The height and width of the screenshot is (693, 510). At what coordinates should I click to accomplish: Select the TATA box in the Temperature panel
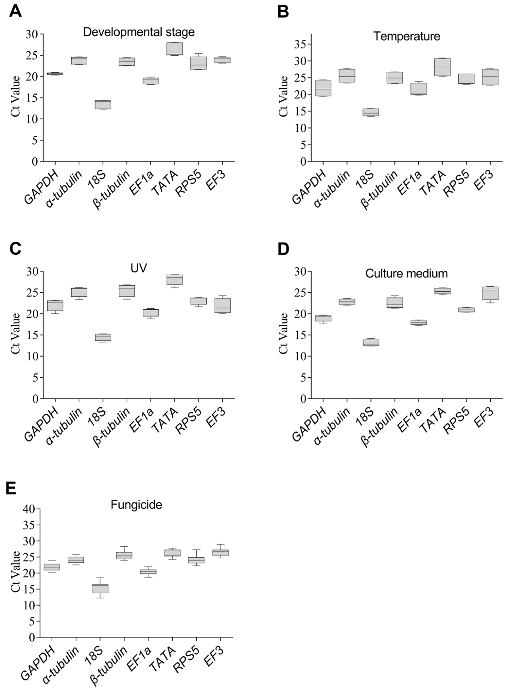(x=442, y=67)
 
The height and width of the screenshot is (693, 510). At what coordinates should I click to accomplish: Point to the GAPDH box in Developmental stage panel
(x=55, y=73)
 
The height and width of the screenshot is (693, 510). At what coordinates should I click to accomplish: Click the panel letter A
(x=15, y=12)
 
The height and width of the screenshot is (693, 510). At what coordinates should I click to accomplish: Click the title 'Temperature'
(x=407, y=36)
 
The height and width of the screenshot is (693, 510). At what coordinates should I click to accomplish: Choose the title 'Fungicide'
(x=136, y=505)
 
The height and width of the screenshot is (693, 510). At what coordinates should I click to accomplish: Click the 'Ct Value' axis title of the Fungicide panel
(x=15, y=571)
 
